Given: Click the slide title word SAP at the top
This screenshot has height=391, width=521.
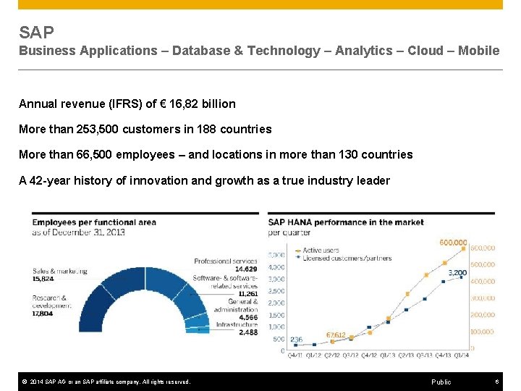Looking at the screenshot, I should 36,33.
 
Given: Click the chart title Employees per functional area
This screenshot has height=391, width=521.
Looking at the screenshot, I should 94,222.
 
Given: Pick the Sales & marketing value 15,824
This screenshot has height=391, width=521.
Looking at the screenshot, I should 43,279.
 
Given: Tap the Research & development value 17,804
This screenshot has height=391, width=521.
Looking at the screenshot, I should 43,314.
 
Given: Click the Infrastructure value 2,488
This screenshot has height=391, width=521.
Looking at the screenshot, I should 248,332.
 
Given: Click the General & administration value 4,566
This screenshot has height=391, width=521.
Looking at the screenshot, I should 248,317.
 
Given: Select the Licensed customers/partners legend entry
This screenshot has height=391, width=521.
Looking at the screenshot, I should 343,257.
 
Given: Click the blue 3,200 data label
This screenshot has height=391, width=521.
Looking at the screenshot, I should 458,273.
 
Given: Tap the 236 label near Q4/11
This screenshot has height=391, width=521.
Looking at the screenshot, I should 297,339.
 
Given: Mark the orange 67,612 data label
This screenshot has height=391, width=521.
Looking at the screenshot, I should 335,335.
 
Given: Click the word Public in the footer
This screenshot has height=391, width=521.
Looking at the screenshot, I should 441,382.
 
